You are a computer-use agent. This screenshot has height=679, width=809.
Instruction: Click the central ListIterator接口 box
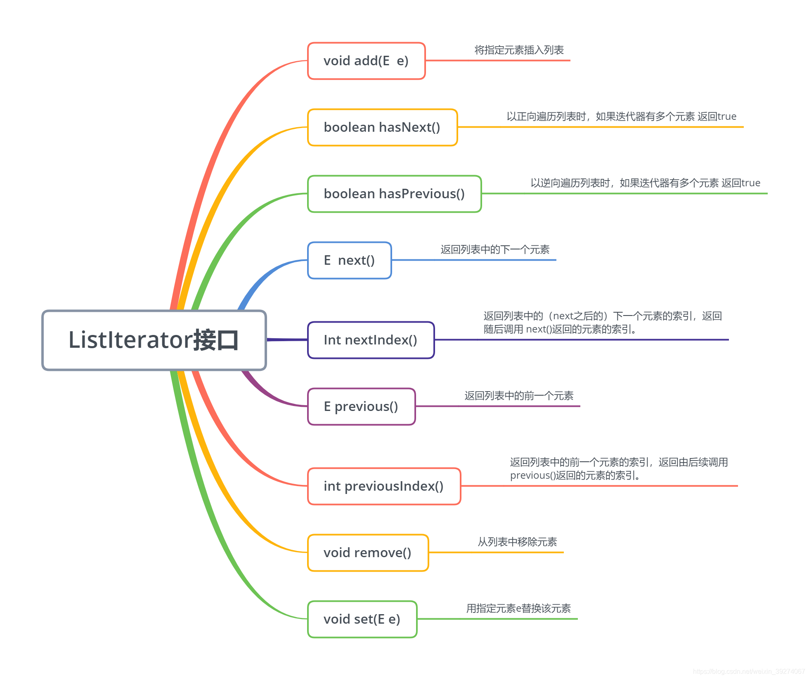[x=154, y=340]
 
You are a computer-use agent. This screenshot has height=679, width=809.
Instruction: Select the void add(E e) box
[x=366, y=61]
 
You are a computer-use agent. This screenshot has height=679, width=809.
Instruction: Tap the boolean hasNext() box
[x=382, y=127]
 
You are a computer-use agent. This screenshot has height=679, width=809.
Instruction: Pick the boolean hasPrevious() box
[x=394, y=194]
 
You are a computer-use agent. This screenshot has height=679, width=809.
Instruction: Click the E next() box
[x=349, y=260]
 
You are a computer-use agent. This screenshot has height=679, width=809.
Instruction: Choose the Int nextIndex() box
[x=371, y=340]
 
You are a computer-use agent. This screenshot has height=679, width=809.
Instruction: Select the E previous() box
[x=361, y=406]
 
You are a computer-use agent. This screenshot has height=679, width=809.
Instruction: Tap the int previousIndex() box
[x=384, y=486]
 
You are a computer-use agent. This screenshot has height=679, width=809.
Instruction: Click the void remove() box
[x=368, y=553]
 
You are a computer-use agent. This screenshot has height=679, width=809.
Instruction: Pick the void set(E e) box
[x=362, y=619]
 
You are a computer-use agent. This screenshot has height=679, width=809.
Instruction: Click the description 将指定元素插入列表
[x=519, y=50]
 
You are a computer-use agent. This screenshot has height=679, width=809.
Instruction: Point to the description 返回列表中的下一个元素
[x=495, y=249]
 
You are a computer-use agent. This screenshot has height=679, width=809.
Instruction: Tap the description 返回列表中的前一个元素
[x=519, y=396]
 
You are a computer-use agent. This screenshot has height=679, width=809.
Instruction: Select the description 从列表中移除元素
[x=517, y=542]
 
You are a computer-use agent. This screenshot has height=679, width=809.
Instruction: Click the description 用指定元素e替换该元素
[x=518, y=608]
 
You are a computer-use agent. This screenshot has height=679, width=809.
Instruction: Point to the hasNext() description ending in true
[x=621, y=116]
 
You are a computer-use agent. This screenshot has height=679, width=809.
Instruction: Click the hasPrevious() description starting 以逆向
[x=645, y=183]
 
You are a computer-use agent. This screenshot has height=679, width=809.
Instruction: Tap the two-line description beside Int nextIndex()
[x=603, y=323]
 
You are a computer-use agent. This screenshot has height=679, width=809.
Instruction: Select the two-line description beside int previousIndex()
[x=619, y=469]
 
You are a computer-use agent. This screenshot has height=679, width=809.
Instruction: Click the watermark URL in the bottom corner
[x=749, y=672]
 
